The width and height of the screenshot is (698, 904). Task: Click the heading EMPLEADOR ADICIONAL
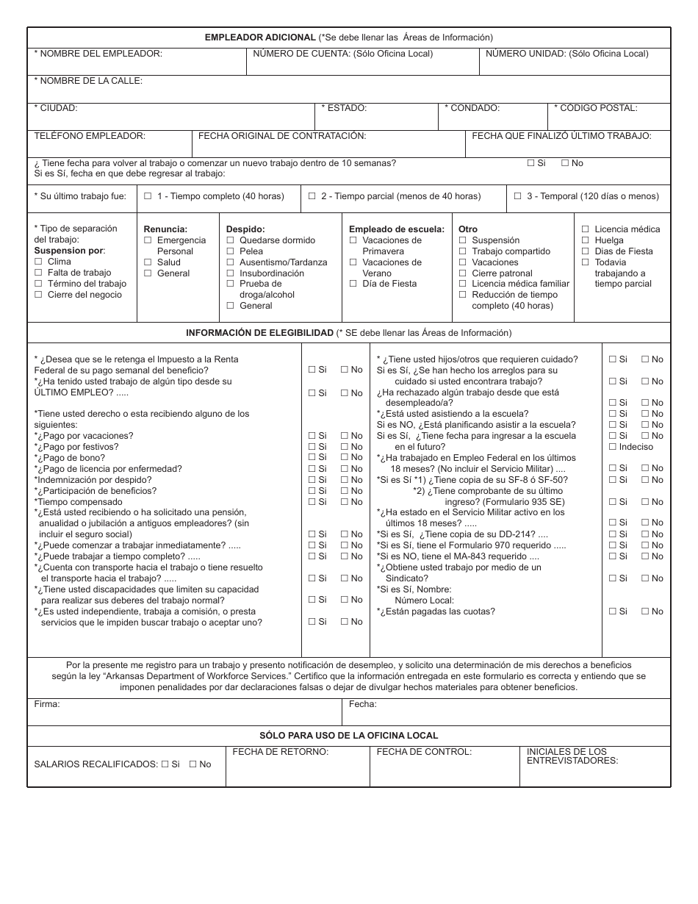260,37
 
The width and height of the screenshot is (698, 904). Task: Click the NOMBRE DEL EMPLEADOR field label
98,54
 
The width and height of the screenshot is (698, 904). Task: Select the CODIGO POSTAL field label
596,108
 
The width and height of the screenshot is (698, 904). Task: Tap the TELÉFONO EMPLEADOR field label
90,136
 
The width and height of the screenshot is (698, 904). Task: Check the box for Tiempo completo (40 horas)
148,196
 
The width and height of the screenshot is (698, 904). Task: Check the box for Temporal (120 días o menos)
518,196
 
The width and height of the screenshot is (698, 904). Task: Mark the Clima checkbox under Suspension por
38,262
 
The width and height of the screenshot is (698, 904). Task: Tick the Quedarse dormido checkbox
230,240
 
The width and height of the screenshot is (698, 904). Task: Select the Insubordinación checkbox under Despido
230,273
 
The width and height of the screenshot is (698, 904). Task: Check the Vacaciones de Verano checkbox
353,262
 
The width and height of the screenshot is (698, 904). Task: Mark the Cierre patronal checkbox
462,273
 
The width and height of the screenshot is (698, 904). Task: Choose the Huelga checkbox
585,240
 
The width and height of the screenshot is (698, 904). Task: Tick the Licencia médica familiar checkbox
462,284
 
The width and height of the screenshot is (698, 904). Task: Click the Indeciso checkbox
612,447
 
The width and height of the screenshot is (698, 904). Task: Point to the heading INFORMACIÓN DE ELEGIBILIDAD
259,333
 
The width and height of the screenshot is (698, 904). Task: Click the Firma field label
47,704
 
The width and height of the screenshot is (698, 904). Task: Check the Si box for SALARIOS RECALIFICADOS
165,764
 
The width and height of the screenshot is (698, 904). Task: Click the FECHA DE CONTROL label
424,752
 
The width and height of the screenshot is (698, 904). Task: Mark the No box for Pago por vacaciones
345,436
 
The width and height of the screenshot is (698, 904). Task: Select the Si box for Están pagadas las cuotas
612,611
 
